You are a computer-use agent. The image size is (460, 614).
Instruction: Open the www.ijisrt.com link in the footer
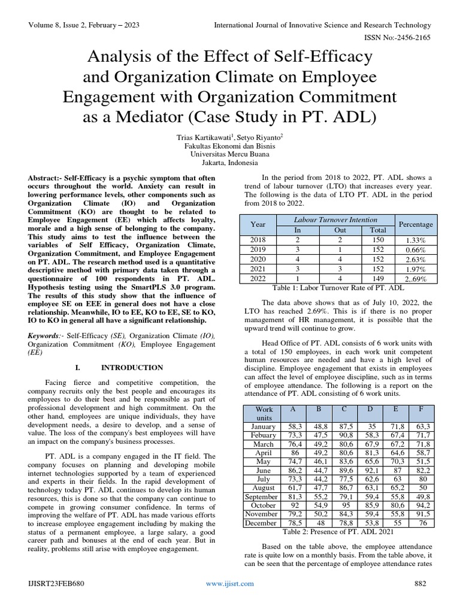pyautogui.click(x=230, y=583)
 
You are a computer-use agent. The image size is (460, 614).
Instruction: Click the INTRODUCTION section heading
pyautogui.click(x=131, y=367)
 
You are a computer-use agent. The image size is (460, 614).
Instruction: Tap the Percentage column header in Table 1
pyautogui.click(x=416, y=224)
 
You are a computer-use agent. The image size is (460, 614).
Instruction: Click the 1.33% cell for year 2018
pyautogui.click(x=416, y=240)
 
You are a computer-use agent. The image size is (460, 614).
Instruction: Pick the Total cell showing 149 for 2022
pyautogui.click(x=379, y=279)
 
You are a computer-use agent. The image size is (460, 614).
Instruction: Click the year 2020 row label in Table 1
pyautogui.click(x=258, y=260)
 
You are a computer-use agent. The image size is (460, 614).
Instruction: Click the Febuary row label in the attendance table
pyautogui.click(x=264, y=435)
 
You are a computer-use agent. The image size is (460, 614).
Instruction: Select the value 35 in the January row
pyautogui.click(x=370, y=426)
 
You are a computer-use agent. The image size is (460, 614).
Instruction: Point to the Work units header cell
pyautogui.click(x=264, y=413)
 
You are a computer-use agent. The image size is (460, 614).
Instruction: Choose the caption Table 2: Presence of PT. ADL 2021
pyautogui.click(x=338, y=532)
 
